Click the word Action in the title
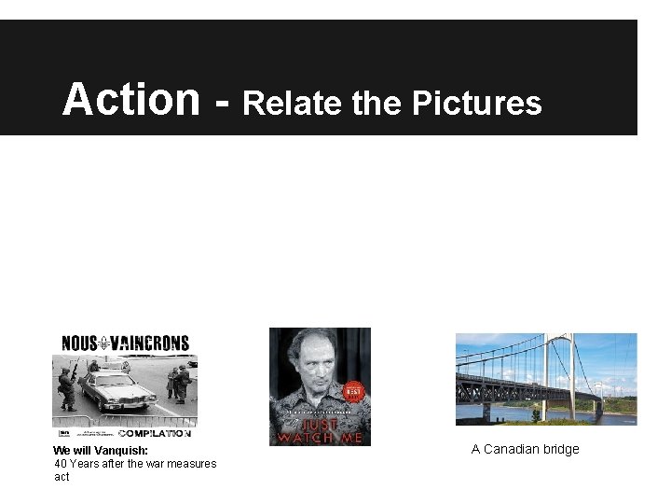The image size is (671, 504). [130, 99]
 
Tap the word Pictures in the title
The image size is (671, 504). [476, 104]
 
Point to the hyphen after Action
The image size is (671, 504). [221, 103]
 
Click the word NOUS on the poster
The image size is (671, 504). [80, 343]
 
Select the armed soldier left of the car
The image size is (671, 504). [65, 387]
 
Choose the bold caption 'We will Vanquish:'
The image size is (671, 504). [101, 450]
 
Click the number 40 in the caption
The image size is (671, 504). [61, 464]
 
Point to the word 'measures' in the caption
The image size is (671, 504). [193, 464]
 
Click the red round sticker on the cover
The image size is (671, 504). [352, 391]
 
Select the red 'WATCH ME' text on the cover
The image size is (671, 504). [320, 437]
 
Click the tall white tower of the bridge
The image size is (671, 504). [570, 373]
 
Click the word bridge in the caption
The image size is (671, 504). [561, 449]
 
